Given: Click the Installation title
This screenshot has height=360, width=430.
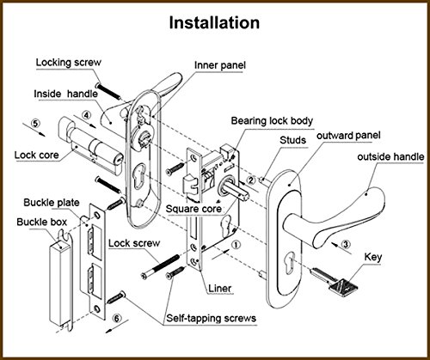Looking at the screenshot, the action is [x=214, y=22].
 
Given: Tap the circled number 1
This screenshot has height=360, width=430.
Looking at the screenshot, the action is [x=236, y=245].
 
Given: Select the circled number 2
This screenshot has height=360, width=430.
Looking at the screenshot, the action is [x=251, y=180].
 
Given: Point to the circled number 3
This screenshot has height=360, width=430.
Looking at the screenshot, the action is [x=346, y=244].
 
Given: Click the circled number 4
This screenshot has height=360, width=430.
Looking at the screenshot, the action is [x=86, y=115].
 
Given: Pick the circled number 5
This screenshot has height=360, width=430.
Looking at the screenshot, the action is [x=35, y=124].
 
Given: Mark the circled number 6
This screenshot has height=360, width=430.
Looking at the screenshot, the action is [x=116, y=319].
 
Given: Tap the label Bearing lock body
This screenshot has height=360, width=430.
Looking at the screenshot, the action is [x=272, y=121].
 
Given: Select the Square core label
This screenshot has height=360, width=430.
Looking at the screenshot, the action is [x=193, y=209].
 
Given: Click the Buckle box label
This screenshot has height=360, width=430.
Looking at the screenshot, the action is [x=41, y=222].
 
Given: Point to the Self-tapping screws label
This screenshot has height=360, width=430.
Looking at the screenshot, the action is [x=212, y=318].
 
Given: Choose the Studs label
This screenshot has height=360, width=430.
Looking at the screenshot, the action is [x=292, y=140].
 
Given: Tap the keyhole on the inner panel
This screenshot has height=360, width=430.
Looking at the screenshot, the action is [x=139, y=173].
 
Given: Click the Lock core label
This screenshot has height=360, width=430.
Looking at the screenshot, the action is [x=36, y=156].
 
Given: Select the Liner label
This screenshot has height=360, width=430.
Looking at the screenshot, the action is [x=220, y=289].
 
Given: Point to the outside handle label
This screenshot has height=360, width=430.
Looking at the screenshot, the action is [x=390, y=157].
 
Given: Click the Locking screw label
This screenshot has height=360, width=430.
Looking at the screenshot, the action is [x=69, y=63].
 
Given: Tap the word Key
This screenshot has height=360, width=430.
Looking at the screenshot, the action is [x=373, y=257].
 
